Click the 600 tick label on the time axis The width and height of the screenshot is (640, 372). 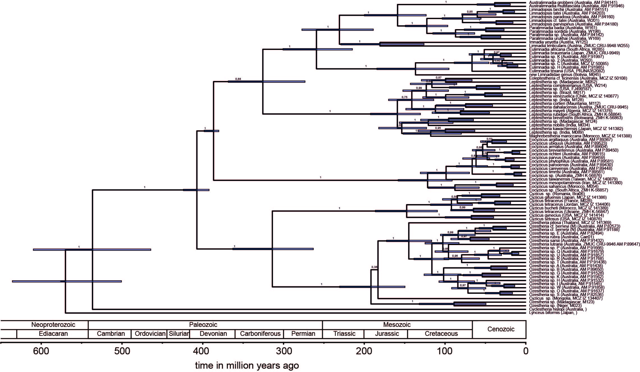point(41,351)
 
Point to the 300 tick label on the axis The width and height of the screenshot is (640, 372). point(284,351)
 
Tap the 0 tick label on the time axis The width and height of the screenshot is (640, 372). point(526,351)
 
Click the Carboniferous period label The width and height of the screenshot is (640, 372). point(260,334)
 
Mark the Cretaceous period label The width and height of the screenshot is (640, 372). point(441,334)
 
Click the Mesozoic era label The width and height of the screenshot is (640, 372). point(397,325)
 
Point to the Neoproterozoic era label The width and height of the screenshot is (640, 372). point(53,325)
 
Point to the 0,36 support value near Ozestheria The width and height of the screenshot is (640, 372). point(374,267)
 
